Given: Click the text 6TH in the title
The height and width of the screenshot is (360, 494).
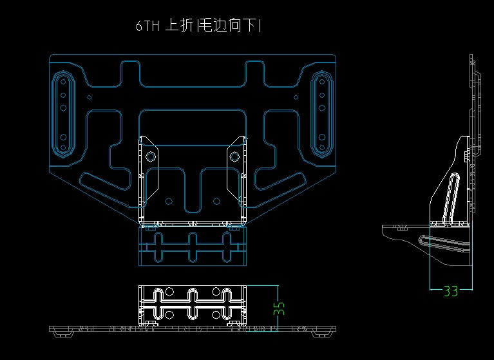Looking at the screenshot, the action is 147,26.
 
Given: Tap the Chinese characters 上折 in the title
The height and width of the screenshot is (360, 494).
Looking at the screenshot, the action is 179,25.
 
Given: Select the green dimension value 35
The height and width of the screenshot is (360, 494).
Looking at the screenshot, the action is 279,308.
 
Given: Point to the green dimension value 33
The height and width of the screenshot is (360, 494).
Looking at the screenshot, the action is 451,291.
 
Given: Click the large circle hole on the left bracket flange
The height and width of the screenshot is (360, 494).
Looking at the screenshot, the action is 150,156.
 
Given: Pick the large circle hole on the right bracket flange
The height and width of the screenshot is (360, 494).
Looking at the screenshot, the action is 234,156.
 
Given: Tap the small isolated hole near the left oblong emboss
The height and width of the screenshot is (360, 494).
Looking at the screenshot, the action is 90,98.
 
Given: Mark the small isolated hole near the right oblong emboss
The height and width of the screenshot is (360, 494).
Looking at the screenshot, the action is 296,98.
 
